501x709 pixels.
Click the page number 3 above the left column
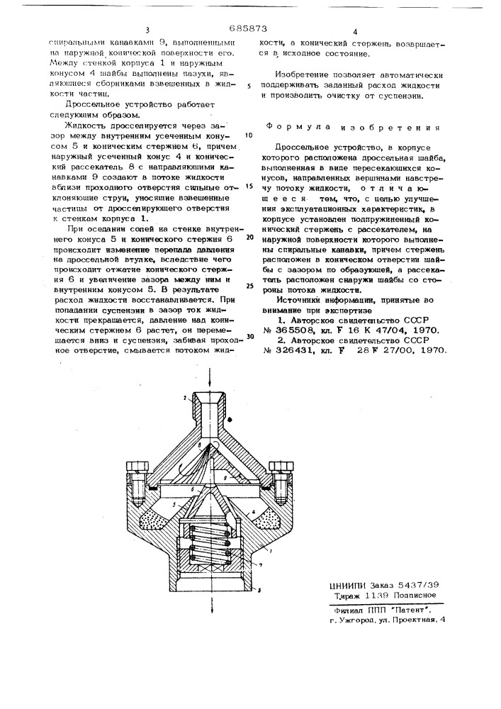pyautogui.click(x=147, y=30)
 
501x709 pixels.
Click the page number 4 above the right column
pyautogui.click(x=355, y=32)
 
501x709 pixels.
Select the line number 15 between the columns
pyautogui.click(x=249, y=186)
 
